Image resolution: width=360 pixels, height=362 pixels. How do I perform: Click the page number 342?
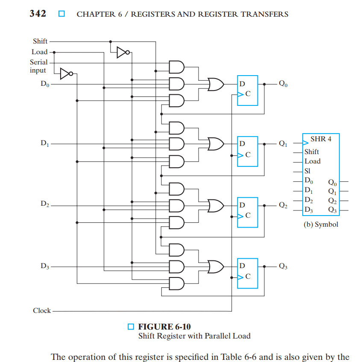(38, 14)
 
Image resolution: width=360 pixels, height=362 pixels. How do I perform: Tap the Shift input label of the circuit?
(40, 41)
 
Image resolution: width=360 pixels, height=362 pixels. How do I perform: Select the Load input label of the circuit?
(39, 52)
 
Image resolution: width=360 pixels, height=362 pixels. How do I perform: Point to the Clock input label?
(42, 310)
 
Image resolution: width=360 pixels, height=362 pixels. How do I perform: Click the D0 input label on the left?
(45, 84)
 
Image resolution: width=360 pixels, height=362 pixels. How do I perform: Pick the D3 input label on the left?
(45, 266)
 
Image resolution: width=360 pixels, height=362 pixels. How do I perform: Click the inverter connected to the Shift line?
(123, 53)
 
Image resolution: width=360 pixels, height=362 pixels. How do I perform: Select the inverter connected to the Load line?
(67, 74)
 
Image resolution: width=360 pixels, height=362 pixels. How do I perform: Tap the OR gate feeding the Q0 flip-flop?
(216, 84)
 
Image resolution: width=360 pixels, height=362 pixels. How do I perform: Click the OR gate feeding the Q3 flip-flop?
(216, 267)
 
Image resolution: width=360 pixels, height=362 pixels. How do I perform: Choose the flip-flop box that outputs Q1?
(248, 152)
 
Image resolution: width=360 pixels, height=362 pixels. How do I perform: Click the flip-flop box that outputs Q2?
(248, 213)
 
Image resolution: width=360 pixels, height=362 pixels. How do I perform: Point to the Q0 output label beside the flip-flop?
(283, 83)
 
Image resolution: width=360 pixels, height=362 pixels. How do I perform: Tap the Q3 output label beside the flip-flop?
(283, 266)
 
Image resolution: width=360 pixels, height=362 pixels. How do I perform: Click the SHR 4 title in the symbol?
(321, 139)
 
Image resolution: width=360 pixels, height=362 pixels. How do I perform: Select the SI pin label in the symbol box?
(307, 171)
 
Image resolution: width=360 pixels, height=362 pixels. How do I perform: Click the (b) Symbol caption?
(321, 225)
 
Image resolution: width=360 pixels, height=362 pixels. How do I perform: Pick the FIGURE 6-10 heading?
(164, 327)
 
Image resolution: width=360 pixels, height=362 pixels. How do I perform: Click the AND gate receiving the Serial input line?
(177, 67)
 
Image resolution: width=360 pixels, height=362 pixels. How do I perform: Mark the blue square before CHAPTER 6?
(61, 14)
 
